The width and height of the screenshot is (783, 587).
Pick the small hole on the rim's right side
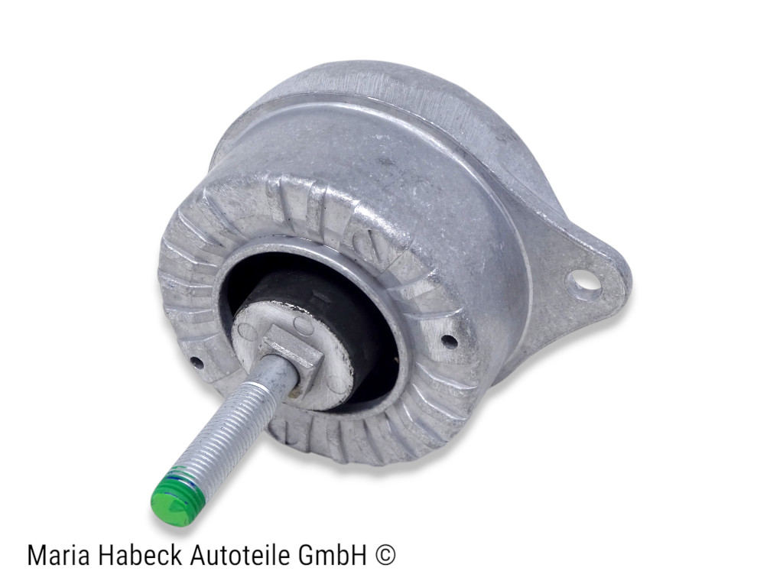pos(449,341)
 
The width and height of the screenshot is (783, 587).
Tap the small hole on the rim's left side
pos(197,362)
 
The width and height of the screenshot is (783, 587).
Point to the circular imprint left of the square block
pos(247,330)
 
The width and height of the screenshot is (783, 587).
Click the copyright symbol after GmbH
pos(386,555)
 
